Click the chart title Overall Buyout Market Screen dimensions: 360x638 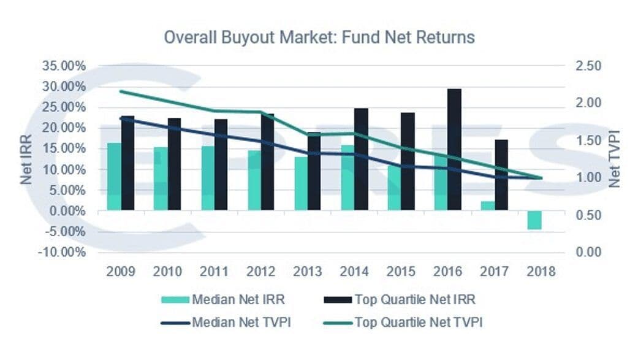coord(319,37)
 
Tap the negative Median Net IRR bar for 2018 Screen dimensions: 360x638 coord(534,220)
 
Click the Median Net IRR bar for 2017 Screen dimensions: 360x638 coord(487,206)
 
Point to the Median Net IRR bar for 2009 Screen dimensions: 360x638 coord(114,177)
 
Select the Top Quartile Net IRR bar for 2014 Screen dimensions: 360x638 coord(361,159)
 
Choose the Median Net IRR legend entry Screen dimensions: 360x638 coord(224,301)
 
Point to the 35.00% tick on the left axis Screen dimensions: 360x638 coord(64,66)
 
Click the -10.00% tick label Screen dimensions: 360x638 coord(63,253)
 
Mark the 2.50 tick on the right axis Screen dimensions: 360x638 coord(589,66)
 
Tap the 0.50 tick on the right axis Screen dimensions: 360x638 coord(589,215)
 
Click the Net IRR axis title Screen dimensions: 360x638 coord(26,161)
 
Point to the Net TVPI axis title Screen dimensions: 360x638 coord(615,158)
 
